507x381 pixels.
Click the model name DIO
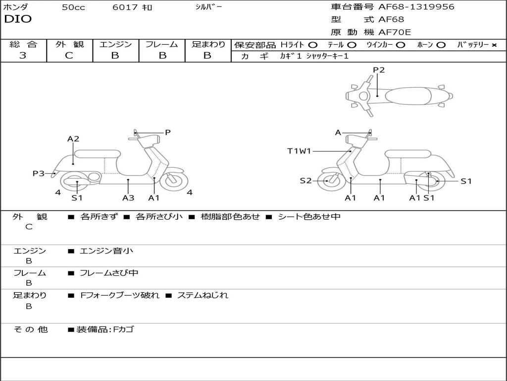tap(18, 19)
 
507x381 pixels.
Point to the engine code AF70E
tap(395, 32)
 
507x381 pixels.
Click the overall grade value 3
tap(23, 56)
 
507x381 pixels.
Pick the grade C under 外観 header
tap(69, 56)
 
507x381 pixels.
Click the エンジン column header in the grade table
tap(115, 44)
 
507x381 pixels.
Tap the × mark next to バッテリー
tap(494, 45)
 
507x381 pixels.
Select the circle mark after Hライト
tap(313, 45)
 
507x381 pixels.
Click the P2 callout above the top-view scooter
tap(379, 70)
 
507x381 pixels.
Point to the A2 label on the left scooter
tap(73, 139)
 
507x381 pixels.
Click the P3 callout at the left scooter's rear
tap(39, 173)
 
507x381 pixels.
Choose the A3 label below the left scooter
tap(128, 197)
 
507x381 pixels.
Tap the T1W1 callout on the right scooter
tap(299, 151)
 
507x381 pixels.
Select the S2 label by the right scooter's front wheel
tap(305, 181)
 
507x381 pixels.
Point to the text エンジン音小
tap(106, 251)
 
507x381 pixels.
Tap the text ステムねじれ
tap(203, 295)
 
